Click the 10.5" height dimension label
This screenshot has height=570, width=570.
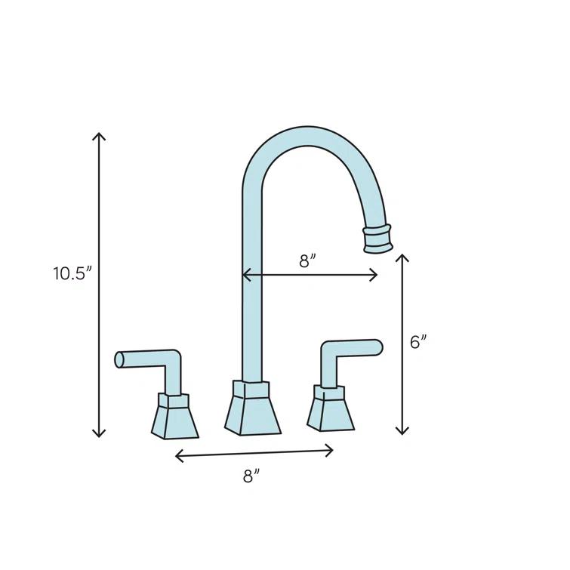[72, 274]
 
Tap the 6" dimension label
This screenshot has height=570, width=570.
[418, 342]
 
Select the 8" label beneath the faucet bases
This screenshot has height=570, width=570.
[251, 476]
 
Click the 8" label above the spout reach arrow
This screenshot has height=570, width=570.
[307, 261]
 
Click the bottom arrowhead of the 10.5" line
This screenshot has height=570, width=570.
[99, 434]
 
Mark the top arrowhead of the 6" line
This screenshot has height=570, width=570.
[402, 257]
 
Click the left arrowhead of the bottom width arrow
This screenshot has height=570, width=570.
[177, 455]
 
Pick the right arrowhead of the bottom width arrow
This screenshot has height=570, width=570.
[331, 450]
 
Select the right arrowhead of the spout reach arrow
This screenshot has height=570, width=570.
[374, 276]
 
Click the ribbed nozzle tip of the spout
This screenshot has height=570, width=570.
[378, 237]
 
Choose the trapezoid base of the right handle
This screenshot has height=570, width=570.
[331, 412]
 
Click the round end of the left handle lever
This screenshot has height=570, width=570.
[119, 360]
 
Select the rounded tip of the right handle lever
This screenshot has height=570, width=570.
[377, 347]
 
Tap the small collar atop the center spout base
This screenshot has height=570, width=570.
[251, 390]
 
